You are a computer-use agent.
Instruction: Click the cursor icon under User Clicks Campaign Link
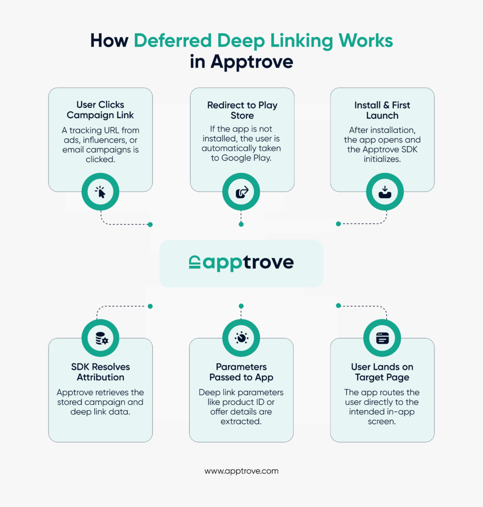pos(101,192)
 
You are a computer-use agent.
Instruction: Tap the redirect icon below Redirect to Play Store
pos(241,192)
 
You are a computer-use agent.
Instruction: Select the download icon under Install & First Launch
pos(384,192)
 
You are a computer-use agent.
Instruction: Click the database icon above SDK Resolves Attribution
pos(101,338)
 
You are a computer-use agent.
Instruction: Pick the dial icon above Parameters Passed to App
pos(241,338)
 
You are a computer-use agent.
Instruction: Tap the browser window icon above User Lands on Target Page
pos(382,338)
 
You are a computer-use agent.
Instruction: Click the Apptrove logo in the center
pos(241,262)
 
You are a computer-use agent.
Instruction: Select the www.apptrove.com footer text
pos(241,471)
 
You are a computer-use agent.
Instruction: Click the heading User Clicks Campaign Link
pos(101,110)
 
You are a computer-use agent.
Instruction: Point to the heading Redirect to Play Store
pos(242,110)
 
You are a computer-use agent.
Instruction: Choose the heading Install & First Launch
pos(382,110)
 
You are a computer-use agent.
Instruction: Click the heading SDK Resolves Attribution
pos(101,372)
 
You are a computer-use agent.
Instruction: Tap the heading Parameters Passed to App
pos(241,372)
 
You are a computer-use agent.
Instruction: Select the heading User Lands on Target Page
pos(382,372)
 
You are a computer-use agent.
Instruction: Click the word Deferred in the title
pos(174,41)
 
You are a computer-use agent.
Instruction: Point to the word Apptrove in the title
pos(252,62)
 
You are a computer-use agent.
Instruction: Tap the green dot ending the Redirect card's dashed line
pos(241,224)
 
